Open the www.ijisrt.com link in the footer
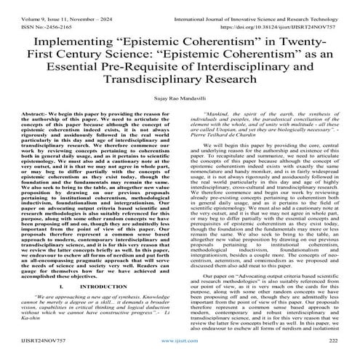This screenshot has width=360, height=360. [x=180, y=352]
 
